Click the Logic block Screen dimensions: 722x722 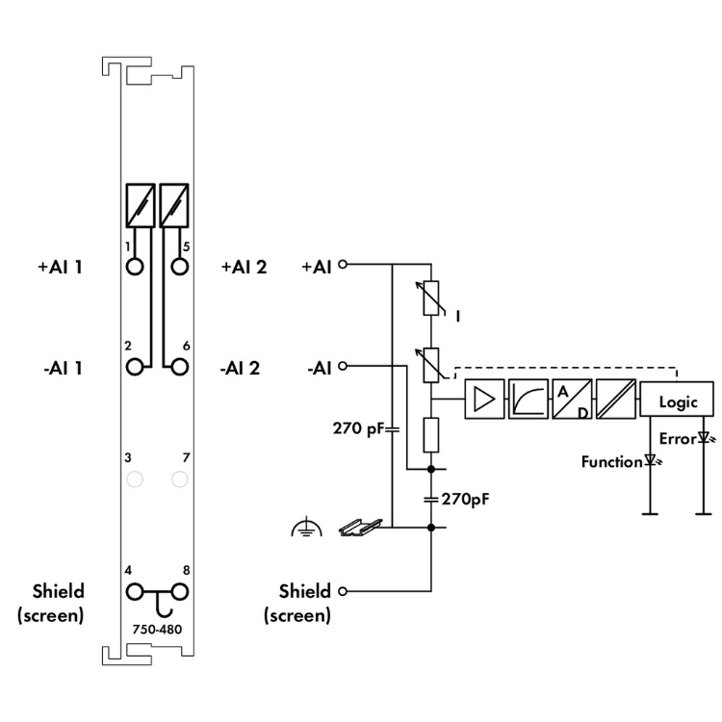click(x=677, y=399)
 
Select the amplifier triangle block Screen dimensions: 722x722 click(x=484, y=399)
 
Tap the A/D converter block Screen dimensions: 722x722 click(x=572, y=399)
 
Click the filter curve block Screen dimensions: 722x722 click(x=529, y=399)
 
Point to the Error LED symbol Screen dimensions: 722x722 click(x=706, y=437)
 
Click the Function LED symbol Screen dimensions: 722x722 click(x=652, y=460)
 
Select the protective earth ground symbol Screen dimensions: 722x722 click(x=307, y=528)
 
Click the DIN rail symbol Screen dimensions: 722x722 click(x=361, y=528)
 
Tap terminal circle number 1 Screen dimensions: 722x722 click(x=135, y=267)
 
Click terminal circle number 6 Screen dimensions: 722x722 click(x=180, y=367)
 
